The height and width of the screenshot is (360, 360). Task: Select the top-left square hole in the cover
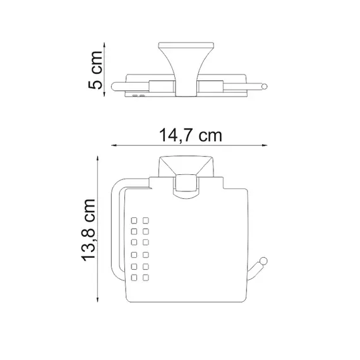tap(135, 221)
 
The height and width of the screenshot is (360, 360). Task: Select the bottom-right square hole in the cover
tap(146, 277)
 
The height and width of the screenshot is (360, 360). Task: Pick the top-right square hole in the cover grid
tap(146, 221)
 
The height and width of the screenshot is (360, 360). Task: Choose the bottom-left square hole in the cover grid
tap(135, 277)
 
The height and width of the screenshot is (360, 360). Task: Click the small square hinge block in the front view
tap(186, 184)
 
